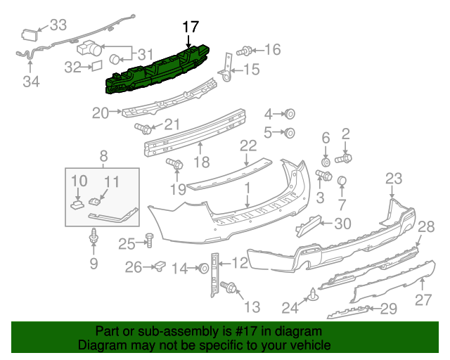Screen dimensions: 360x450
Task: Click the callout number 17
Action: click(191, 27)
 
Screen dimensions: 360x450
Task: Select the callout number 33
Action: click(58, 26)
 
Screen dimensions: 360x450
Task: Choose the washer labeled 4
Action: click(290, 114)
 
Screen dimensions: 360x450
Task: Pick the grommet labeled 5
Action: click(290, 132)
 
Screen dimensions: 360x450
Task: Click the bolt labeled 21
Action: click(144, 129)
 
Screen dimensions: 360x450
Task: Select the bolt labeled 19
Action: click(176, 165)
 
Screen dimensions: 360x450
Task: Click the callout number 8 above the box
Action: click(103, 156)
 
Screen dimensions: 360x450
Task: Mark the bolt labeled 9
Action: click(93, 240)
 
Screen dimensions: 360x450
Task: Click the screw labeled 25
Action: click(149, 241)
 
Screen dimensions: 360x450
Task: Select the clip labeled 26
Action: click(160, 266)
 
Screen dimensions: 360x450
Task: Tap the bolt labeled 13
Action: click(229, 286)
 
